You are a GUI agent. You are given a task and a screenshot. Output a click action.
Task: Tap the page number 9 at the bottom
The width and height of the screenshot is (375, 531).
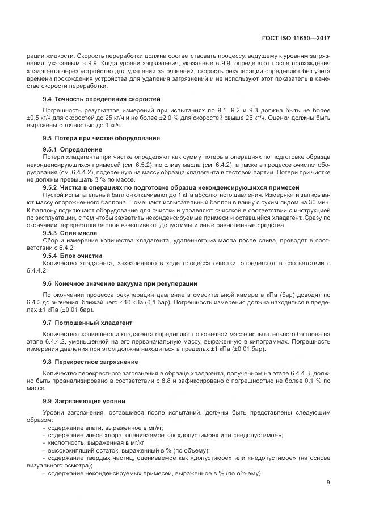(x=329, y=483)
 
